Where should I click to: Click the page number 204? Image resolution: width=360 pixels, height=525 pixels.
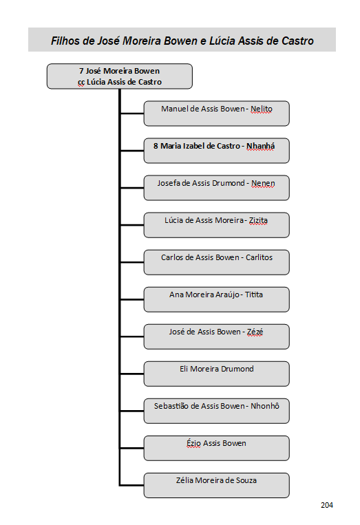[326, 505]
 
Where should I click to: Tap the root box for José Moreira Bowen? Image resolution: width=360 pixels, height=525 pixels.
[120, 76]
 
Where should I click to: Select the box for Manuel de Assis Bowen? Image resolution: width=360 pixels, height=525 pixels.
[216, 114]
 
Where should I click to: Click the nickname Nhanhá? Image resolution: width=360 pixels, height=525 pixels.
[261, 147]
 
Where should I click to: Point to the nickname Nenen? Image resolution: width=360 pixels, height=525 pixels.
[263, 184]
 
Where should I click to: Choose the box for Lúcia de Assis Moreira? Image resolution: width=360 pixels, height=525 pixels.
[216, 225]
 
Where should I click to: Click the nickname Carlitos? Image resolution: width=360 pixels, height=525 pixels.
[260, 257]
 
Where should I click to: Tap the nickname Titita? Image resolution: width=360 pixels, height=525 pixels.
[254, 294]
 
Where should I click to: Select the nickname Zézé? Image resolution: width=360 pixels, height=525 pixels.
[255, 332]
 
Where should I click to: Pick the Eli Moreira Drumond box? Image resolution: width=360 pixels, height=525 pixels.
[216, 374]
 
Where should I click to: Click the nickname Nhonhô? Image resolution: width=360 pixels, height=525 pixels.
[265, 406]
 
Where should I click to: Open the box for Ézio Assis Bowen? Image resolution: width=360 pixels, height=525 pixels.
[216, 448]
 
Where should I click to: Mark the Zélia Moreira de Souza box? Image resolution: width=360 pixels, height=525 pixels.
[216, 485]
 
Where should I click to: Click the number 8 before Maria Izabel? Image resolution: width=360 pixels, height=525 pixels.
[156, 146]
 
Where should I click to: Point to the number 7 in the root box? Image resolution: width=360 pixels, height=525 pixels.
[81, 71]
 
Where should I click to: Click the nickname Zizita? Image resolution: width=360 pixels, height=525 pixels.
[258, 220]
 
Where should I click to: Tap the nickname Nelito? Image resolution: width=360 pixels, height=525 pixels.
[262, 109]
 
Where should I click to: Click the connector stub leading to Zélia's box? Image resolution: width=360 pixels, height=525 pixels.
[131, 485]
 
